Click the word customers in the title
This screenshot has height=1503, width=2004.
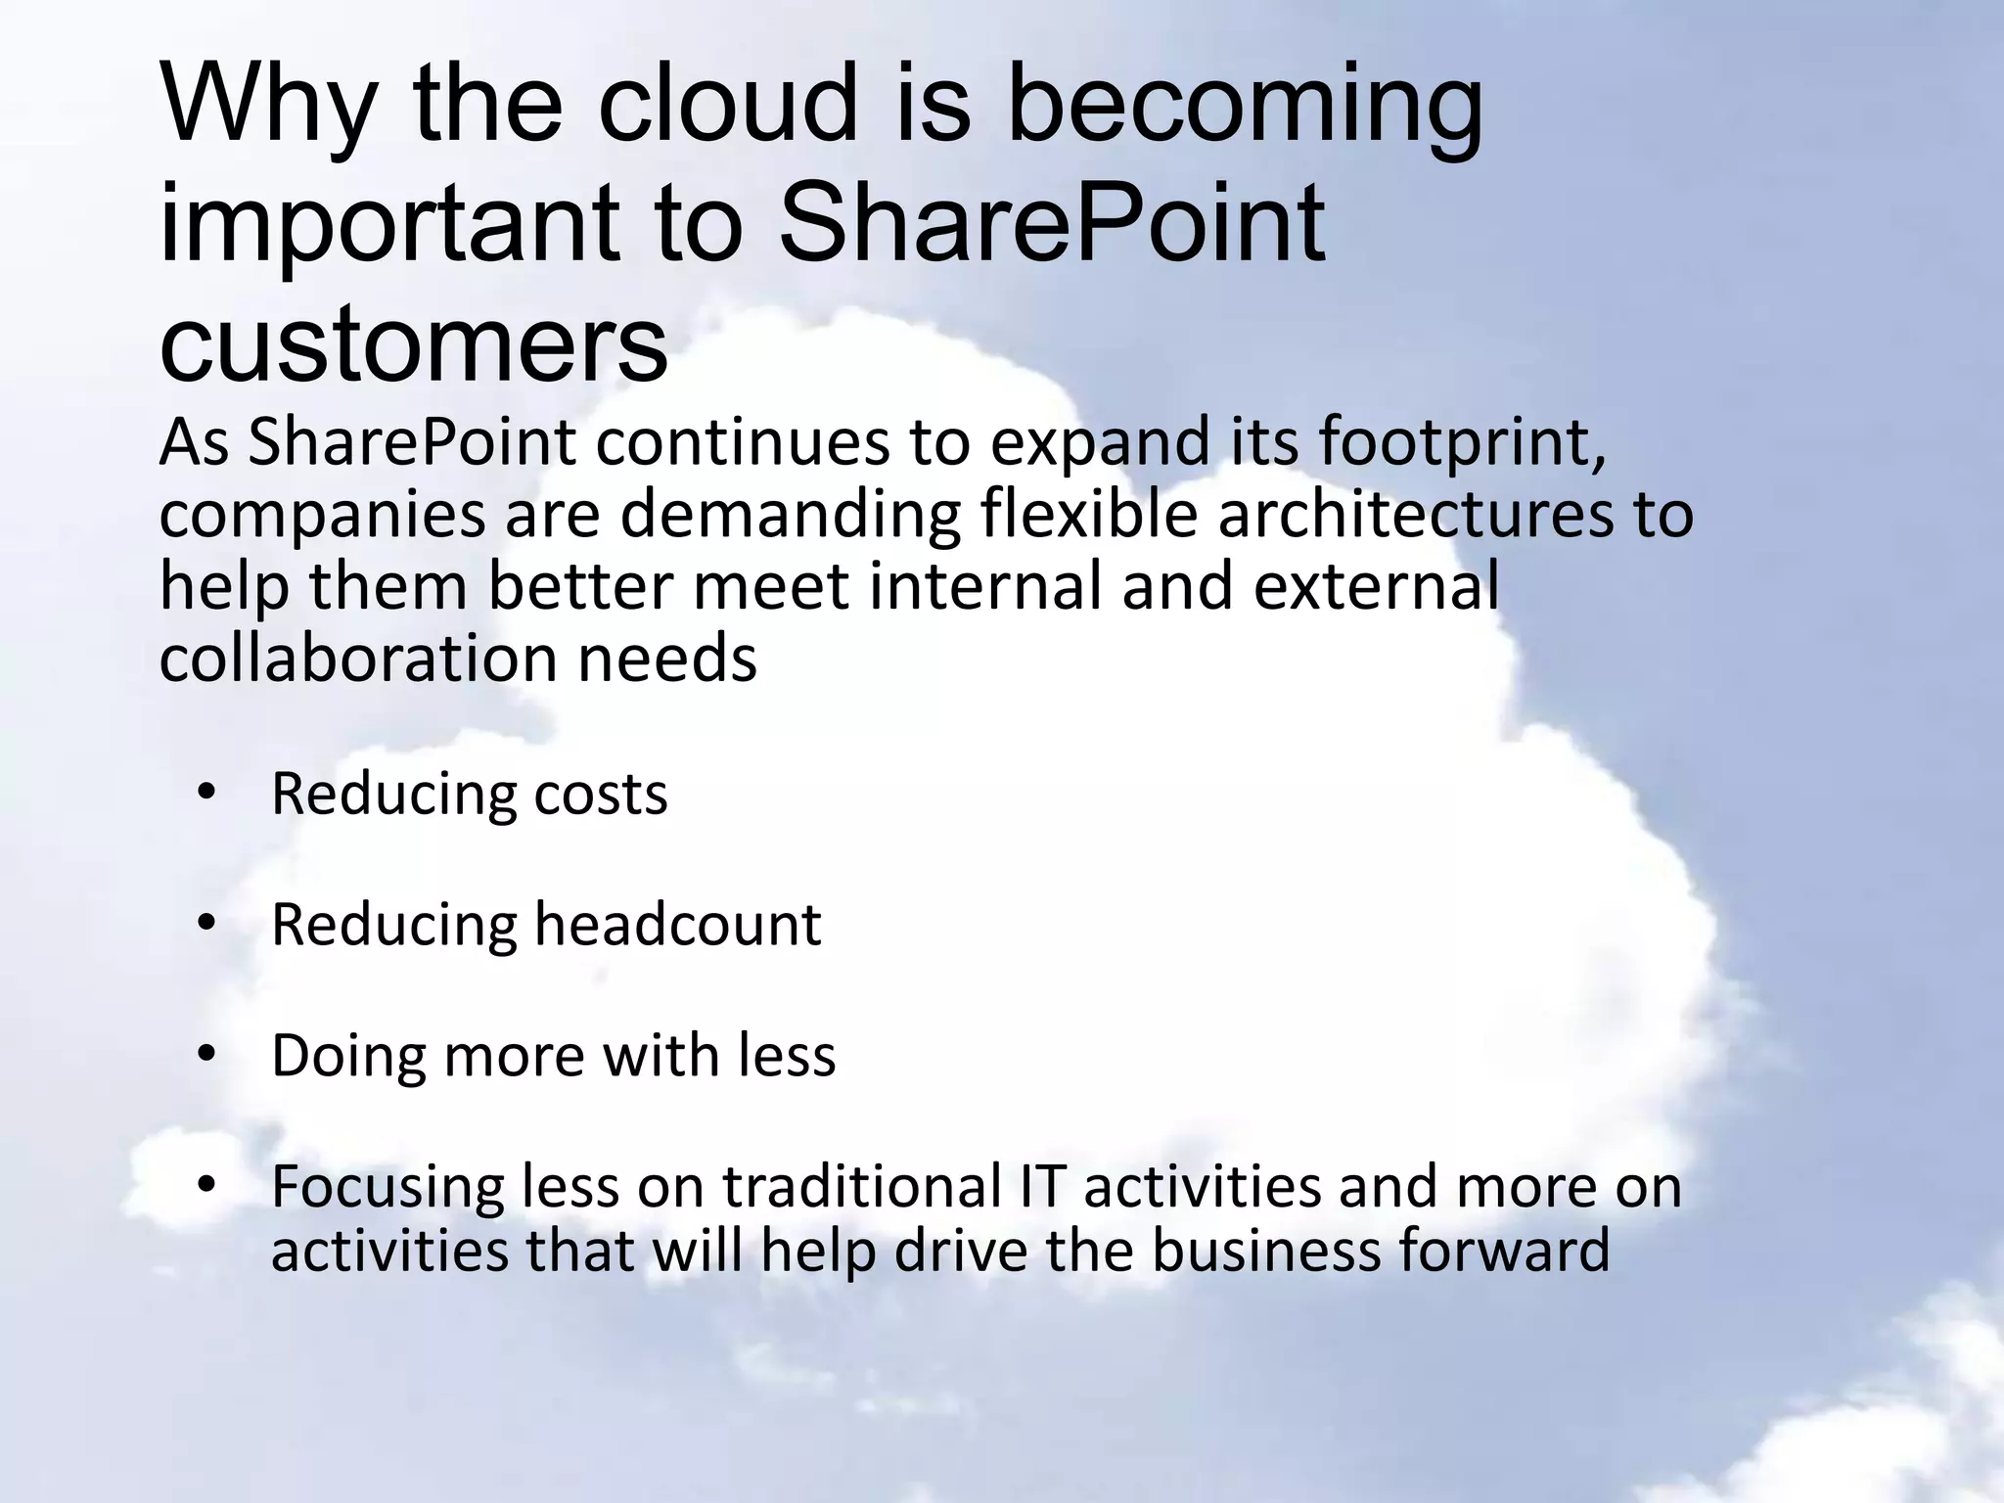(x=413, y=344)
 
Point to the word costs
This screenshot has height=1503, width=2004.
(x=601, y=794)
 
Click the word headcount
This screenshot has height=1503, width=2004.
(x=677, y=924)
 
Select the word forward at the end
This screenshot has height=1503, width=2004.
(x=1503, y=1251)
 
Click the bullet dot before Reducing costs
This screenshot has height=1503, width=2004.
(x=205, y=794)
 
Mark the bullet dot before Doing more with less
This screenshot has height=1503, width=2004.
(x=205, y=1055)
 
